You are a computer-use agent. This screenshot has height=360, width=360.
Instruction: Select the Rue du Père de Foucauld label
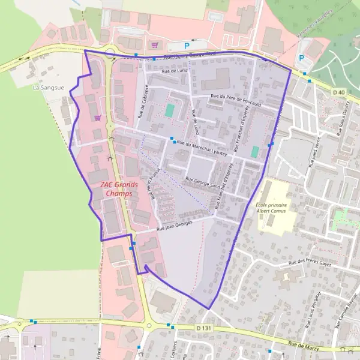(236, 100)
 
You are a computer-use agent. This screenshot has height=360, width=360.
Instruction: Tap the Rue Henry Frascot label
(158, 184)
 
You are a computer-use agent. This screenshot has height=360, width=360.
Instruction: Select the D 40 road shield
(338, 92)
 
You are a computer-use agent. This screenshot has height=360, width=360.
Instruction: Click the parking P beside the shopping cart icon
(187, 45)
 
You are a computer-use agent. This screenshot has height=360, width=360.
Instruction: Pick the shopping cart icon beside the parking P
(155, 44)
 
